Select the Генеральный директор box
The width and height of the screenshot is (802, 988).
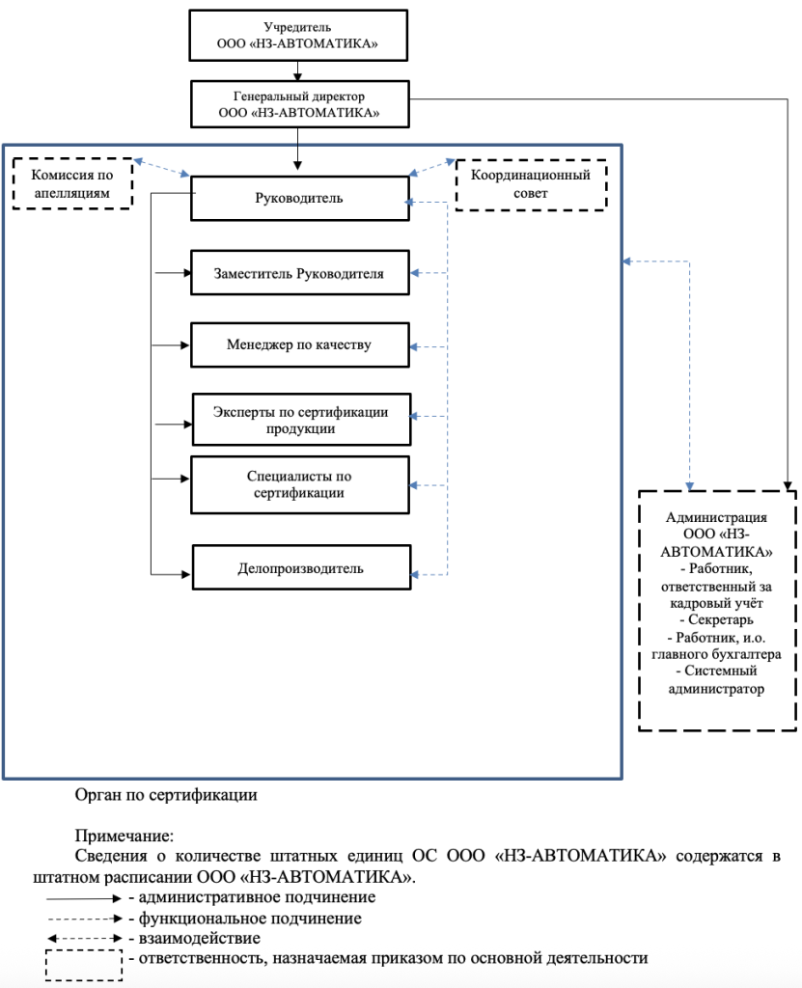[299, 104]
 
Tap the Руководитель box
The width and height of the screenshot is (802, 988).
[299, 199]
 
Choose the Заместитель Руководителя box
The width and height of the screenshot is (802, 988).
[299, 274]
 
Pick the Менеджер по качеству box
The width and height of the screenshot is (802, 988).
[299, 344]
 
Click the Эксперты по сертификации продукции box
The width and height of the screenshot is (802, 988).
[301, 420]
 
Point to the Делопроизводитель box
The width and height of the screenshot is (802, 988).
[301, 568]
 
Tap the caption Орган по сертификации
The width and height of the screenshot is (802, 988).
[166, 796]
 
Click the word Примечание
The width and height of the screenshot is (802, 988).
[123, 837]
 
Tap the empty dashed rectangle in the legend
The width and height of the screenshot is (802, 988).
[84, 965]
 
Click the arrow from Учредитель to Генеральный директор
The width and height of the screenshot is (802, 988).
[298, 72]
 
